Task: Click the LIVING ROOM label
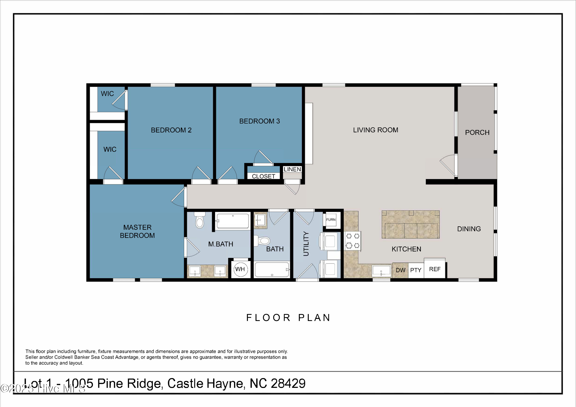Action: [x=376, y=130]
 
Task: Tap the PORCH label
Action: [x=477, y=132]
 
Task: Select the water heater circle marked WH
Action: [x=240, y=269]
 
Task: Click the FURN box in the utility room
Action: [x=331, y=220]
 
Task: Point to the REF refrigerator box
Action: [x=435, y=269]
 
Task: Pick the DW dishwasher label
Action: [x=400, y=270]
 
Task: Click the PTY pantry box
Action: [x=416, y=270]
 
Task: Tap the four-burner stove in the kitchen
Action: [x=353, y=241]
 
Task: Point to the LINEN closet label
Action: [x=292, y=170]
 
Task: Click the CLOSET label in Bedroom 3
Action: [x=263, y=176]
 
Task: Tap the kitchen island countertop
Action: [x=410, y=224]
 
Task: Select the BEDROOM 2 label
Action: [x=171, y=130]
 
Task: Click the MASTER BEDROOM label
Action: [x=137, y=231]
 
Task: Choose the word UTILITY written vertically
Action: [x=306, y=244]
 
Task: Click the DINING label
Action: [x=469, y=229]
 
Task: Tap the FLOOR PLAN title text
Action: [x=288, y=318]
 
